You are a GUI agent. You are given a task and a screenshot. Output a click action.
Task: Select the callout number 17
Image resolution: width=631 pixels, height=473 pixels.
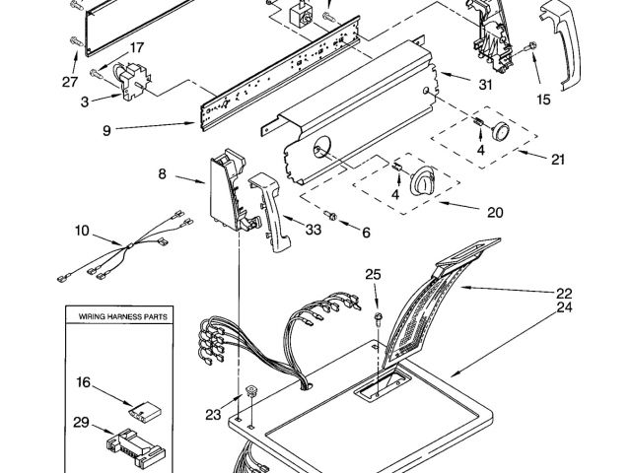(x=137, y=46)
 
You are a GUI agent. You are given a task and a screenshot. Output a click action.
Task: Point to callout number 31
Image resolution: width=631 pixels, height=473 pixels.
(x=484, y=85)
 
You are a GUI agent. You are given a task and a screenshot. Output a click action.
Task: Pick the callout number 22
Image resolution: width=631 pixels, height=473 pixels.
(x=563, y=293)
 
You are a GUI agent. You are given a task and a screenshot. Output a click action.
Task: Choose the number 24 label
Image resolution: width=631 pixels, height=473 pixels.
(x=563, y=306)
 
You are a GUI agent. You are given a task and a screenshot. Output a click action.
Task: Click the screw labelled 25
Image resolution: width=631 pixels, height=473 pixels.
(x=378, y=317)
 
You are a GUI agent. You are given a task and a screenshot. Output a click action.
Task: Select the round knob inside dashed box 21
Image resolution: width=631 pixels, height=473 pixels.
(x=501, y=133)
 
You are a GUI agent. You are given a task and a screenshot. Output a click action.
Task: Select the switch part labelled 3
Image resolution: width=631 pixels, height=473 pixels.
(x=128, y=79)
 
